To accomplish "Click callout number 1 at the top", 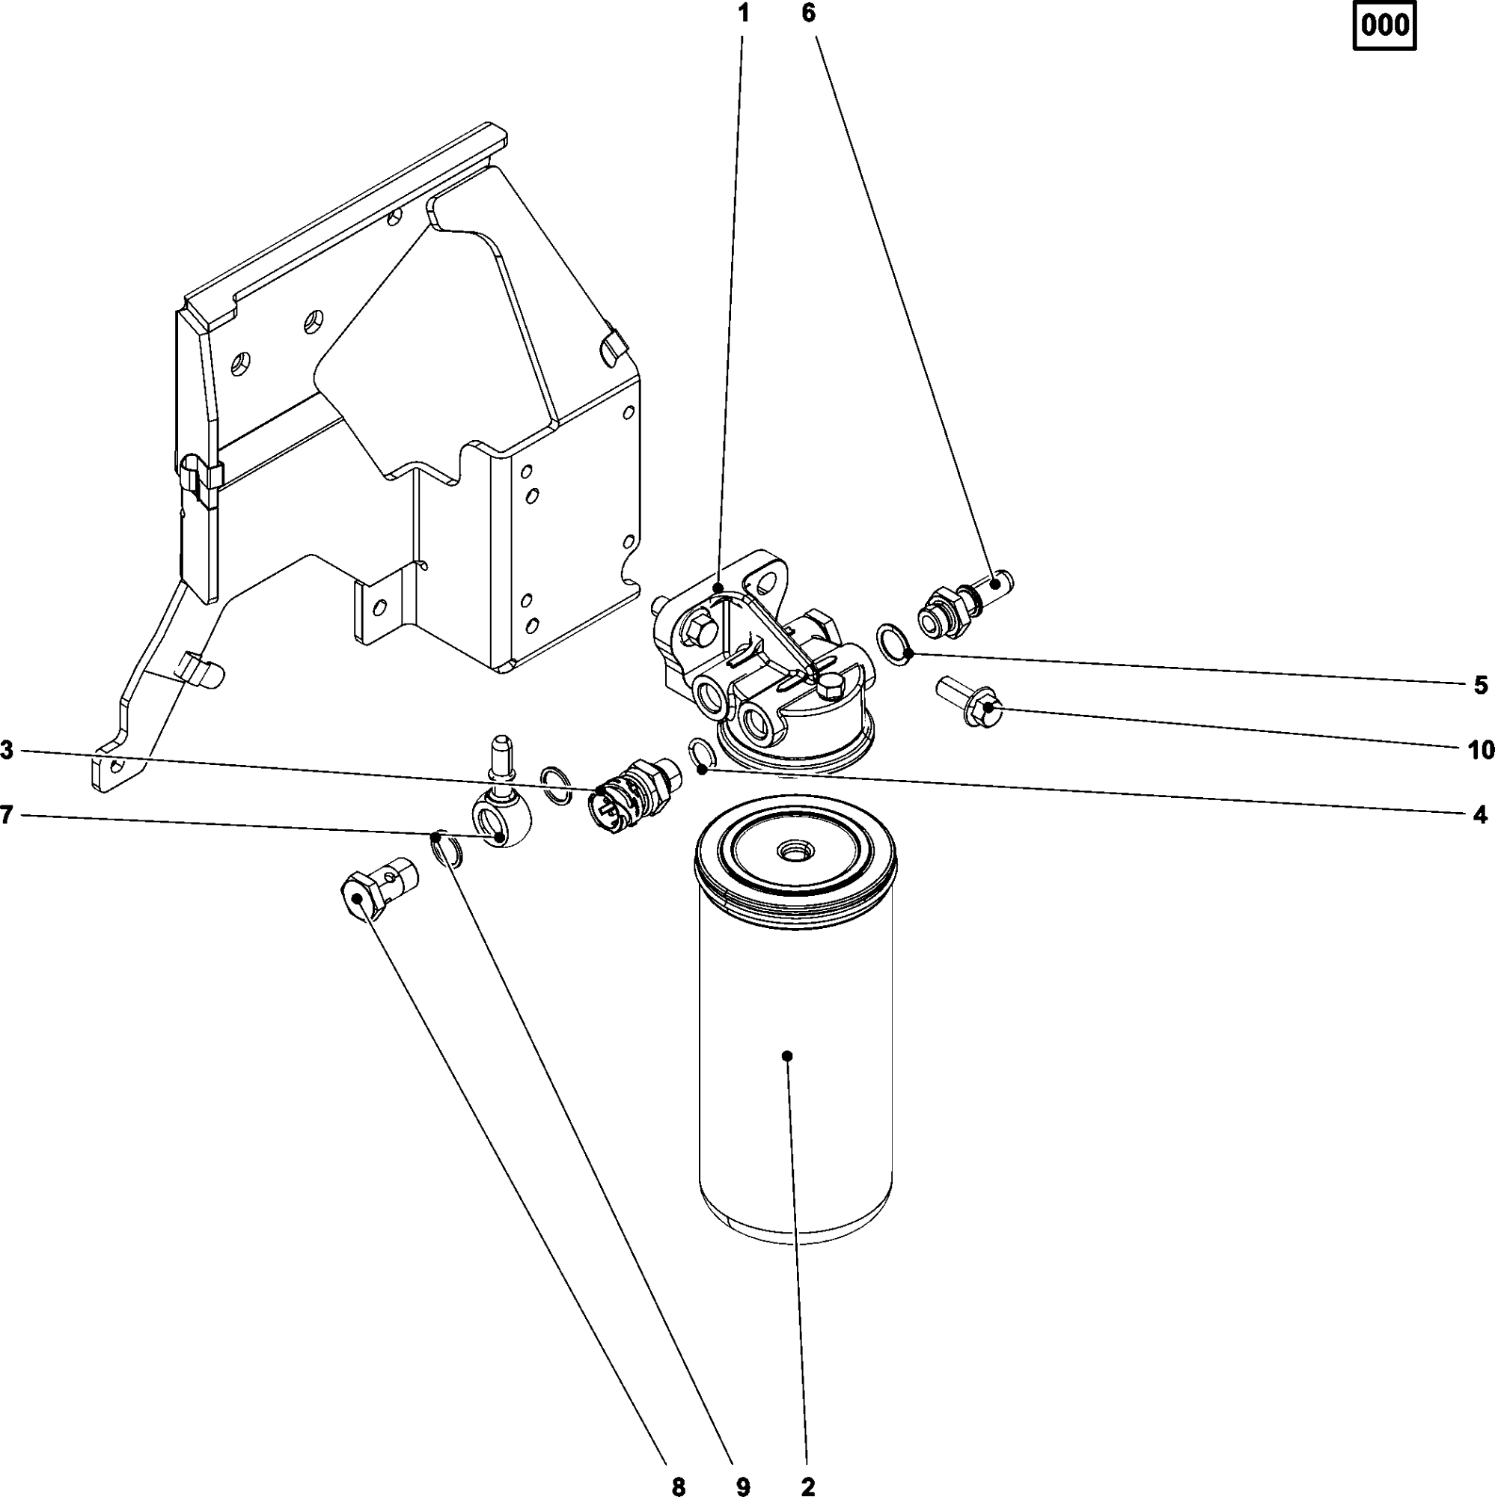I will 744,13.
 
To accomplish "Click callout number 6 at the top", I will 808,13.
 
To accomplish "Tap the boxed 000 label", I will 1384,27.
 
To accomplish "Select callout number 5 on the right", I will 1480,685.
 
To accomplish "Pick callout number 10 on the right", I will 1480,749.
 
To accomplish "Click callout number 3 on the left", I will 7,750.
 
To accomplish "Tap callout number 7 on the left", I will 7,814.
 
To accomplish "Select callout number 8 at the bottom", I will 679,1485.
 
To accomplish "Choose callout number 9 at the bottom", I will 743,1485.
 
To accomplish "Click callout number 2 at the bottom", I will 807,1485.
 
